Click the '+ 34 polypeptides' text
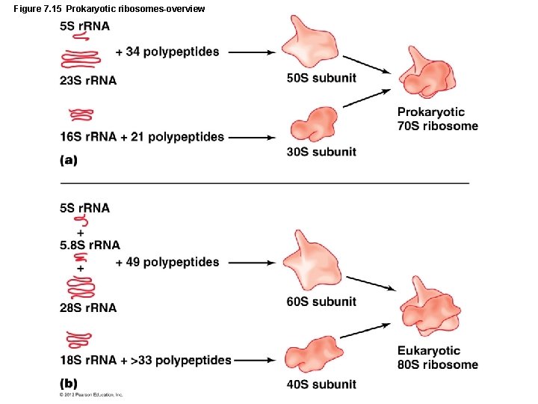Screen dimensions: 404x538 [167, 52]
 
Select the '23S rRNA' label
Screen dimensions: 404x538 [88, 80]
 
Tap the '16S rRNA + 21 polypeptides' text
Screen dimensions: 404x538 [142, 137]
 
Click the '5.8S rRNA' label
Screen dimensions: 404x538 [90, 245]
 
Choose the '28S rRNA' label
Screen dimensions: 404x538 [88, 307]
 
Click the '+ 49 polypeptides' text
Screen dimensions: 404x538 [167, 262]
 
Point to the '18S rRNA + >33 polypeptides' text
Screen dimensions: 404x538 [146, 361]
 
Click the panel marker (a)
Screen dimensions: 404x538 [69, 159]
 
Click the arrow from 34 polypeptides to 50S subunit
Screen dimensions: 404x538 [252, 52]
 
